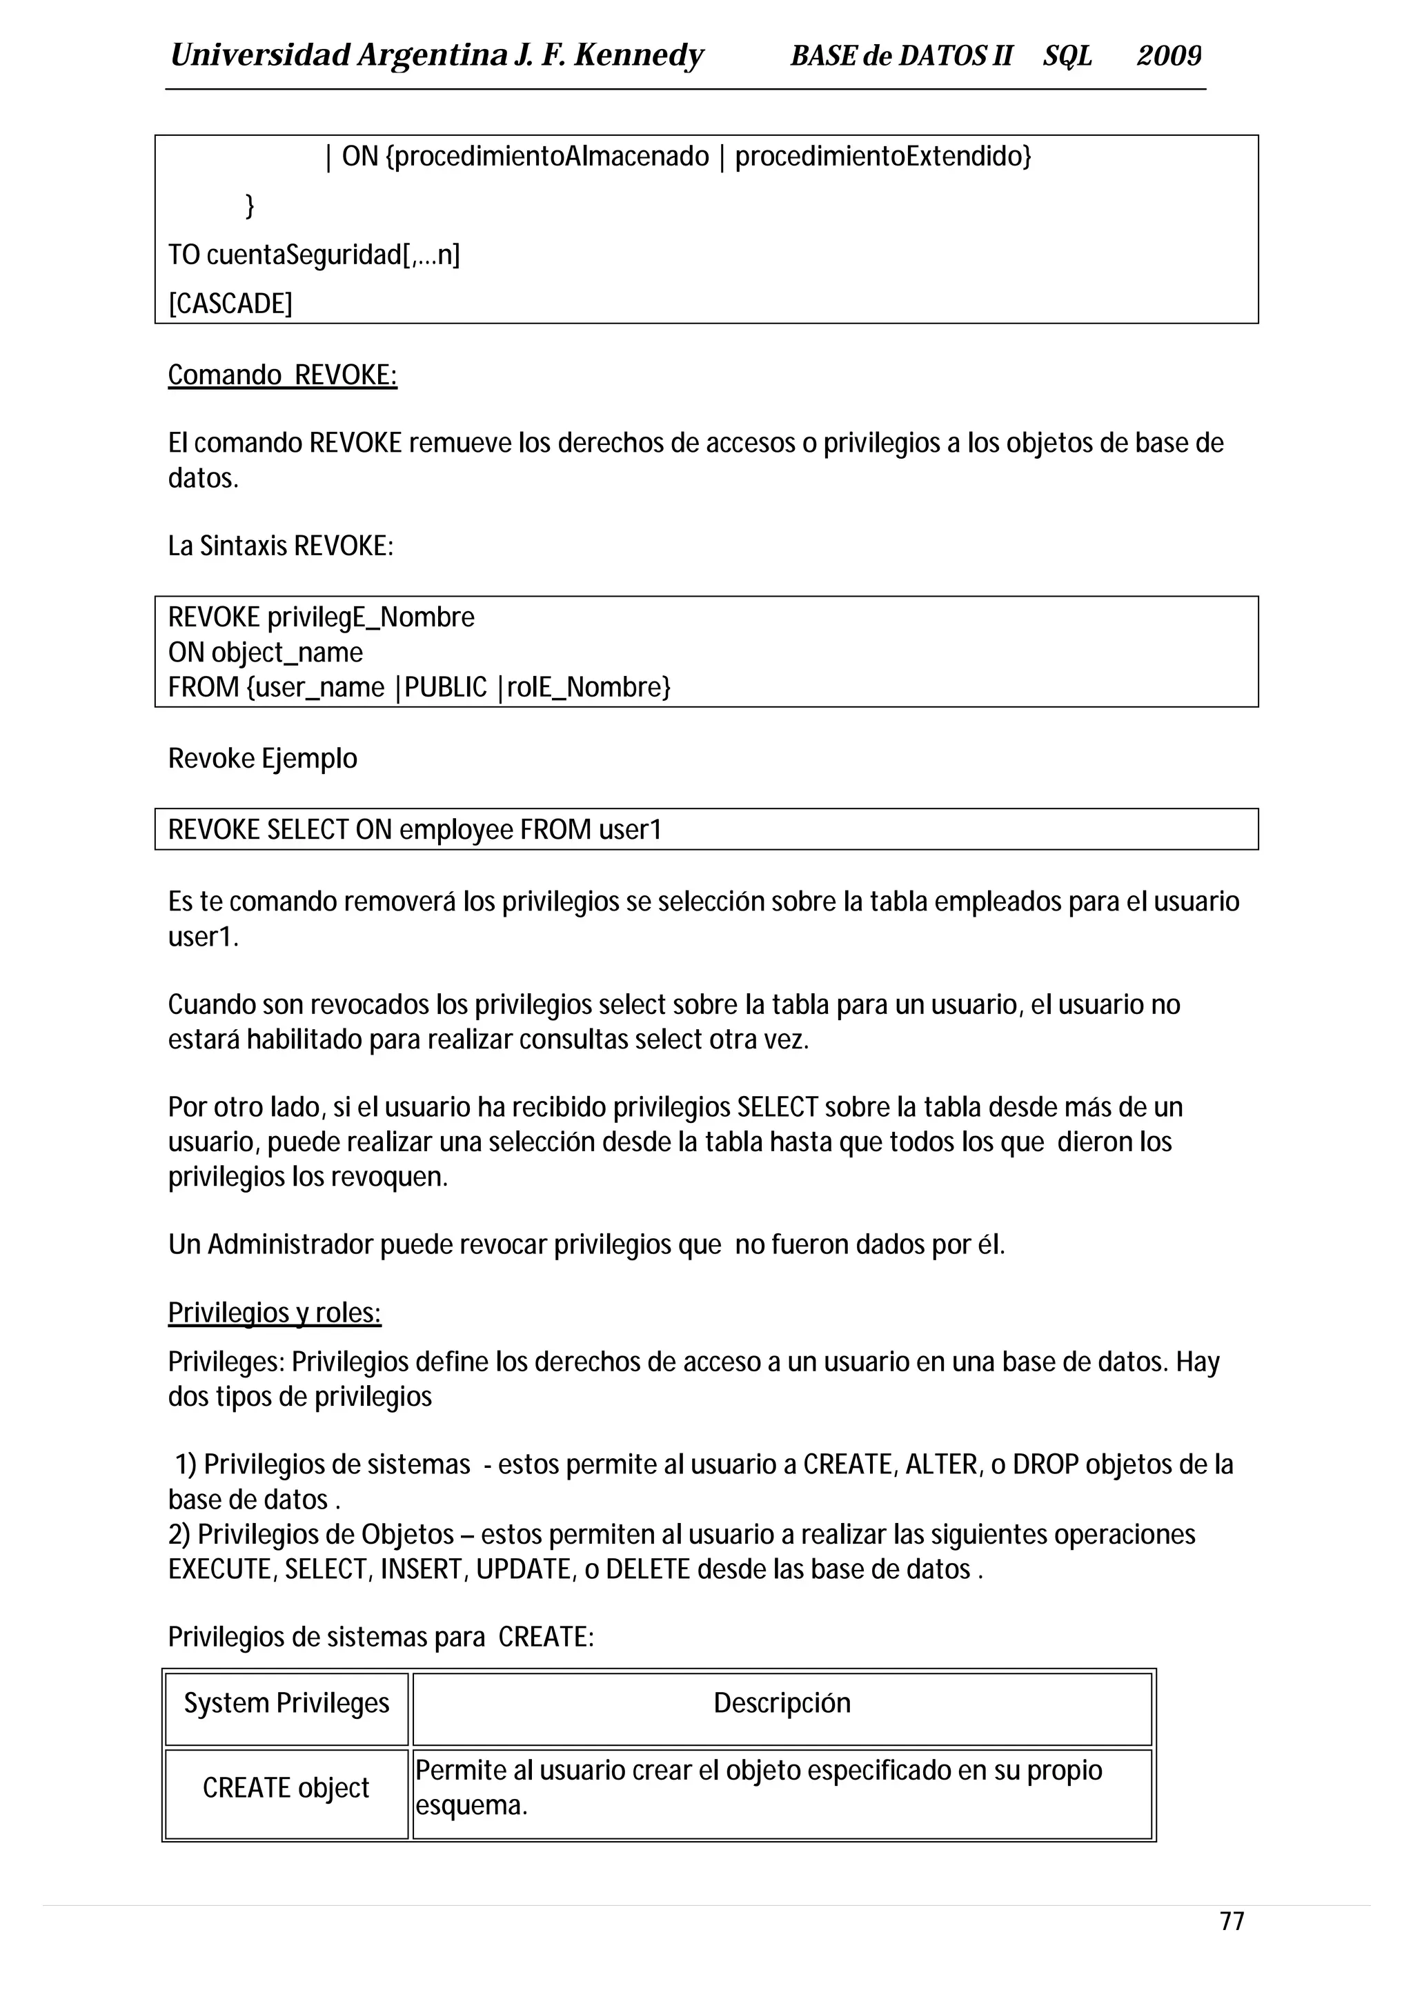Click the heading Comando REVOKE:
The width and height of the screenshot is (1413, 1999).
[x=282, y=375]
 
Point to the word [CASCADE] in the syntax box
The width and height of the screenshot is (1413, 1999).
[x=230, y=304]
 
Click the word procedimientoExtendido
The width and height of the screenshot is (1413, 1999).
[x=882, y=157]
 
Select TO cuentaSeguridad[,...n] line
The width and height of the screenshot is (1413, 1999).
[x=313, y=255]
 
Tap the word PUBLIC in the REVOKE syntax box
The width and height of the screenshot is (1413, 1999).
[x=446, y=687]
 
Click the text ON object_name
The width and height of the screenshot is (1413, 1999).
[x=265, y=652]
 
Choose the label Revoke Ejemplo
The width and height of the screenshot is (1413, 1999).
[x=262, y=758]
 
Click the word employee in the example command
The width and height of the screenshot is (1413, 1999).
[x=456, y=830]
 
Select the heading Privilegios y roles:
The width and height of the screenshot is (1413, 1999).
[x=274, y=1312]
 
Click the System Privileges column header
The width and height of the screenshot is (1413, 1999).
[x=286, y=1702]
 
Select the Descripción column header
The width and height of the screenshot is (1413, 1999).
[x=782, y=1702]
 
